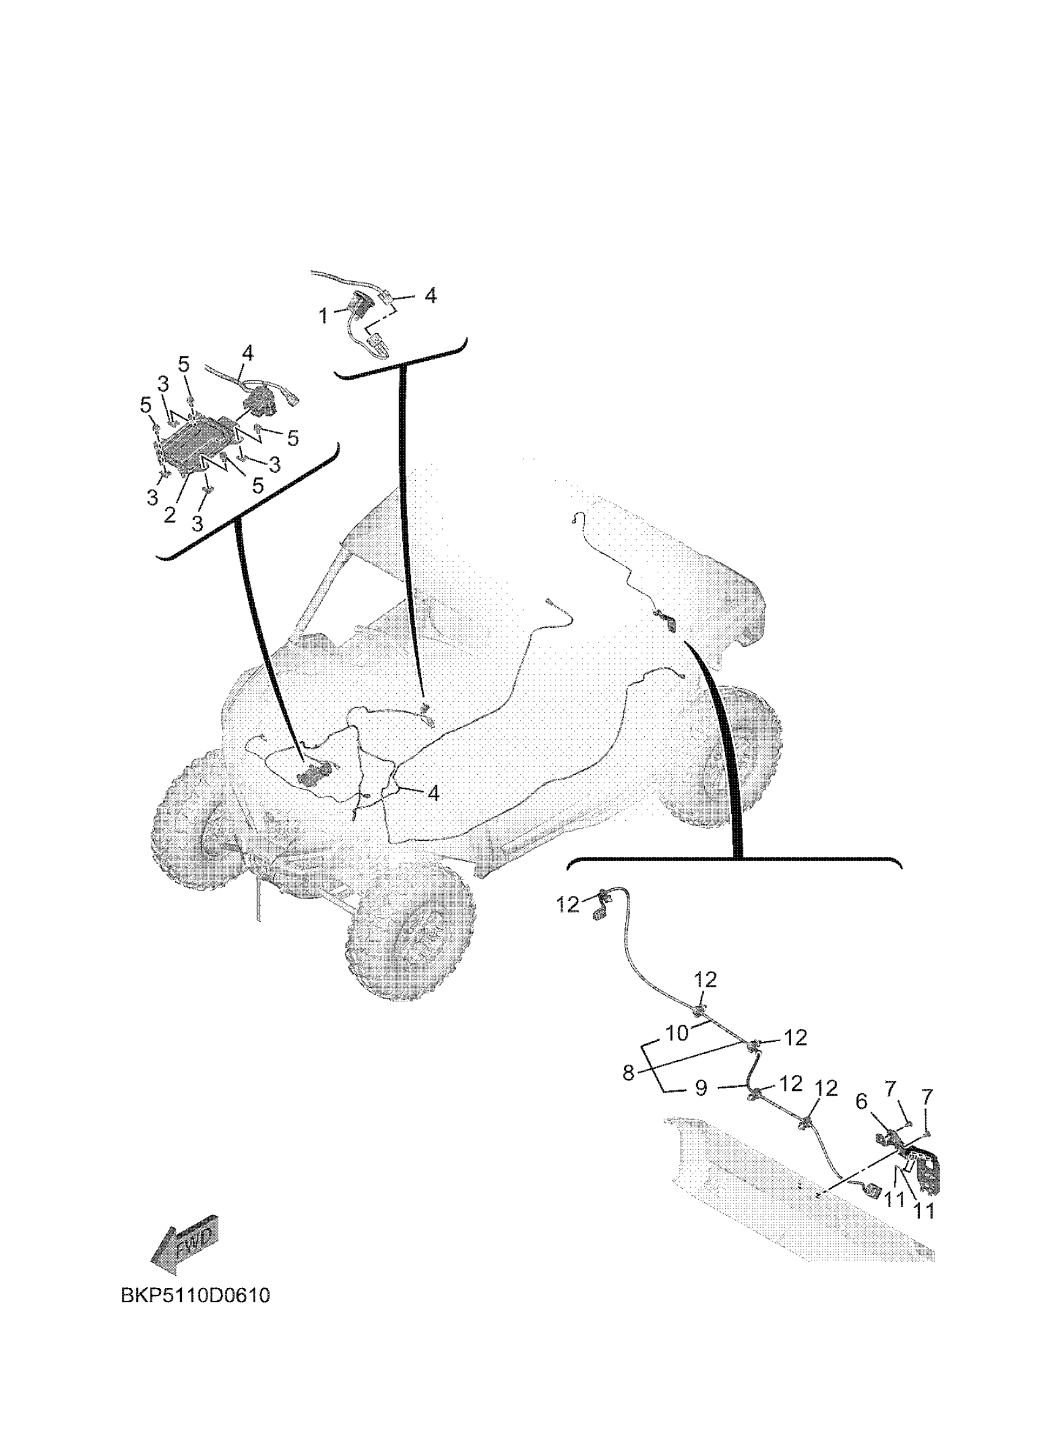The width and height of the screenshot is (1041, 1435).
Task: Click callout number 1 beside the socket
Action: pyautogui.click(x=323, y=315)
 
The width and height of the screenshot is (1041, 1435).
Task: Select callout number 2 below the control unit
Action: pyautogui.click(x=170, y=514)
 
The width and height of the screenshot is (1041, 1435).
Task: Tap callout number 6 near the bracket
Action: pyautogui.click(x=862, y=1102)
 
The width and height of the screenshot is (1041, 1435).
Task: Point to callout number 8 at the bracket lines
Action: pyautogui.click(x=628, y=1073)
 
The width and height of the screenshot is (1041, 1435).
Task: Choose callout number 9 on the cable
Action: pyautogui.click(x=701, y=1088)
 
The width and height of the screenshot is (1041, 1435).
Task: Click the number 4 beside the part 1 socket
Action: pyautogui.click(x=430, y=295)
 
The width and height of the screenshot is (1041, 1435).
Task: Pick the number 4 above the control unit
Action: pyautogui.click(x=247, y=353)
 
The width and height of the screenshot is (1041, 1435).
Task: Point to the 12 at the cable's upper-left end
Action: pyautogui.click(x=568, y=905)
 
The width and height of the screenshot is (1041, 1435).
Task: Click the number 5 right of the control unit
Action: pyautogui.click(x=292, y=438)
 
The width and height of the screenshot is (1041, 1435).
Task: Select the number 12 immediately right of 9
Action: pyautogui.click(x=791, y=1084)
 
